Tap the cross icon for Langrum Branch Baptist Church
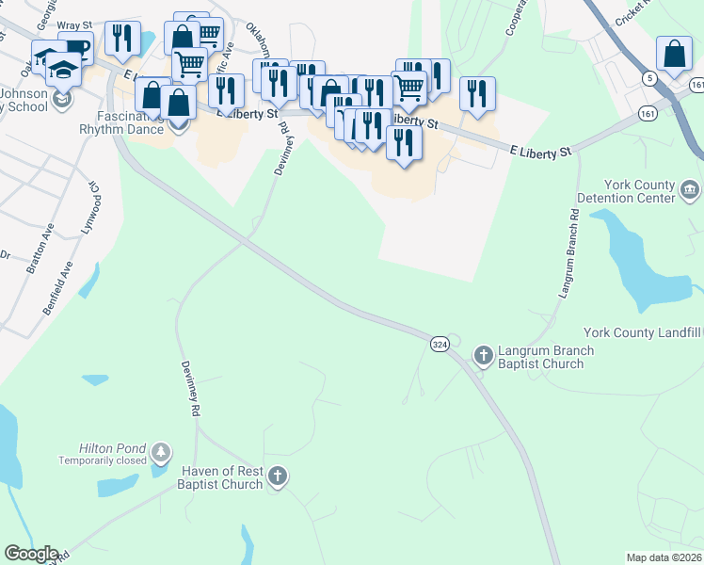(484, 355)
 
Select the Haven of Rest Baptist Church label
(220, 477)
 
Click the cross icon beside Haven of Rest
(277, 476)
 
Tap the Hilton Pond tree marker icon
(162, 453)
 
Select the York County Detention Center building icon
(690, 191)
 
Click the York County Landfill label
(643, 332)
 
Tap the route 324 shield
(440, 345)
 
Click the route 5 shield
(649, 78)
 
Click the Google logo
(31, 554)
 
